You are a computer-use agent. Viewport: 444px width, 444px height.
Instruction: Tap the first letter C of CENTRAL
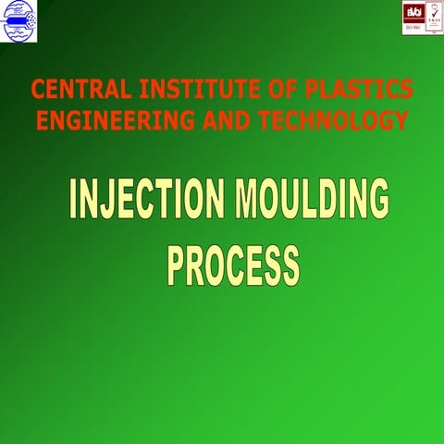(x=38, y=90)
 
